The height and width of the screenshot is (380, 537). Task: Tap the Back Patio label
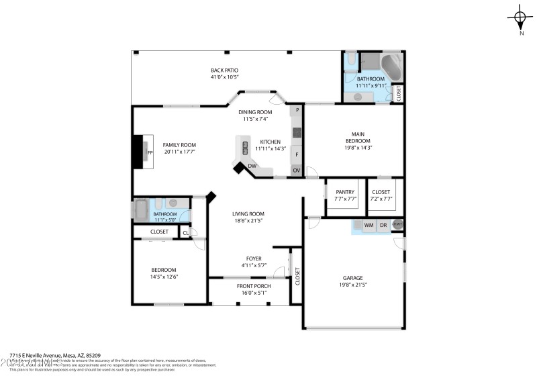[224, 70]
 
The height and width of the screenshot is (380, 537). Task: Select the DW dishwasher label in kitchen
[252, 166]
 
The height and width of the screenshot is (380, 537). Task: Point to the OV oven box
[296, 171]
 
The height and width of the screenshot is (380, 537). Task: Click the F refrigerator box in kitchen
[296, 154]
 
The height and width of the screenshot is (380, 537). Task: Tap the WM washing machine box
[369, 225]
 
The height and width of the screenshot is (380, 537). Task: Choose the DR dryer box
[383, 225]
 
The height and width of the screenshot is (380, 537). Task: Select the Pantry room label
[345, 193]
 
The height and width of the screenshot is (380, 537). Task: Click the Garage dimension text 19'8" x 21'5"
[353, 285]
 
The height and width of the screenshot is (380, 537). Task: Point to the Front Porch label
[254, 286]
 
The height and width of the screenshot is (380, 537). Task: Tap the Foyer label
[254, 258]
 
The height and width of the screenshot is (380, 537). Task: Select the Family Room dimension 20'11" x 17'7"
[180, 152]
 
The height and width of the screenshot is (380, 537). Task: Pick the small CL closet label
[185, 233]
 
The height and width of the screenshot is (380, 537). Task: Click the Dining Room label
[255, 112]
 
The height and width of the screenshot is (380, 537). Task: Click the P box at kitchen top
[297, 109]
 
